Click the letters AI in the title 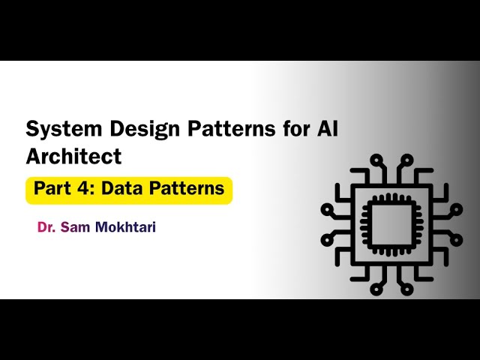click(x=325, y=129)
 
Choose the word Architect click(x=73, y=157)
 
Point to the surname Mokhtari click(x=125, y=226)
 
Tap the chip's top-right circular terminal click(x=407, y=159)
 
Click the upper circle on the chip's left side click(x=327, y=206)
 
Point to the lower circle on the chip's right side click(x=454, y=239)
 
